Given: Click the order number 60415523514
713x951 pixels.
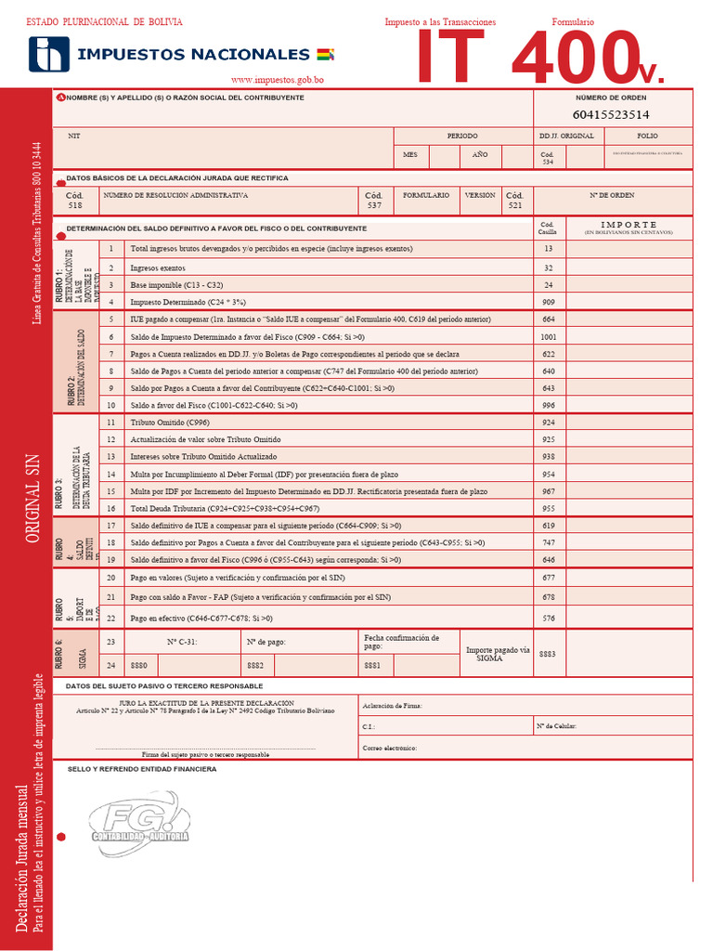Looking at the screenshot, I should [611, 115].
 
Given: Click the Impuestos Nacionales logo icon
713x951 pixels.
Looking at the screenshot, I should [49, 54].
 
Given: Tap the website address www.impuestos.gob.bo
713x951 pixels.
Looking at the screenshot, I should [277, 81].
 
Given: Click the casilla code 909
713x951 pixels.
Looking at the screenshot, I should [549, 301].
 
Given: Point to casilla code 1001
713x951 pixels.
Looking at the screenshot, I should [549, 336].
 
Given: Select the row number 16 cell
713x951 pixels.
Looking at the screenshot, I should [110, 508].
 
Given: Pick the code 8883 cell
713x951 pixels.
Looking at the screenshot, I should [548, 653].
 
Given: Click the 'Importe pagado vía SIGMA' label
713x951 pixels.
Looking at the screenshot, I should [497, 653].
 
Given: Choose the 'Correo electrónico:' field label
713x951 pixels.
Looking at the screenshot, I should [390, 748].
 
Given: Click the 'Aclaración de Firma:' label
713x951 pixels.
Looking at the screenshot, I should [393, 706].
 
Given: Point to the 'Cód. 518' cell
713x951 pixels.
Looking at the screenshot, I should [75, 200].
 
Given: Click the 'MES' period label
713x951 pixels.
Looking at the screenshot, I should [410, 154].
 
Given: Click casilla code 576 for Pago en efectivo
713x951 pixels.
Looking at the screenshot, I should [549, 618].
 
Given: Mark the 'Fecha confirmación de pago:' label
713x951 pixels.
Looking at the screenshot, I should [400, 642].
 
